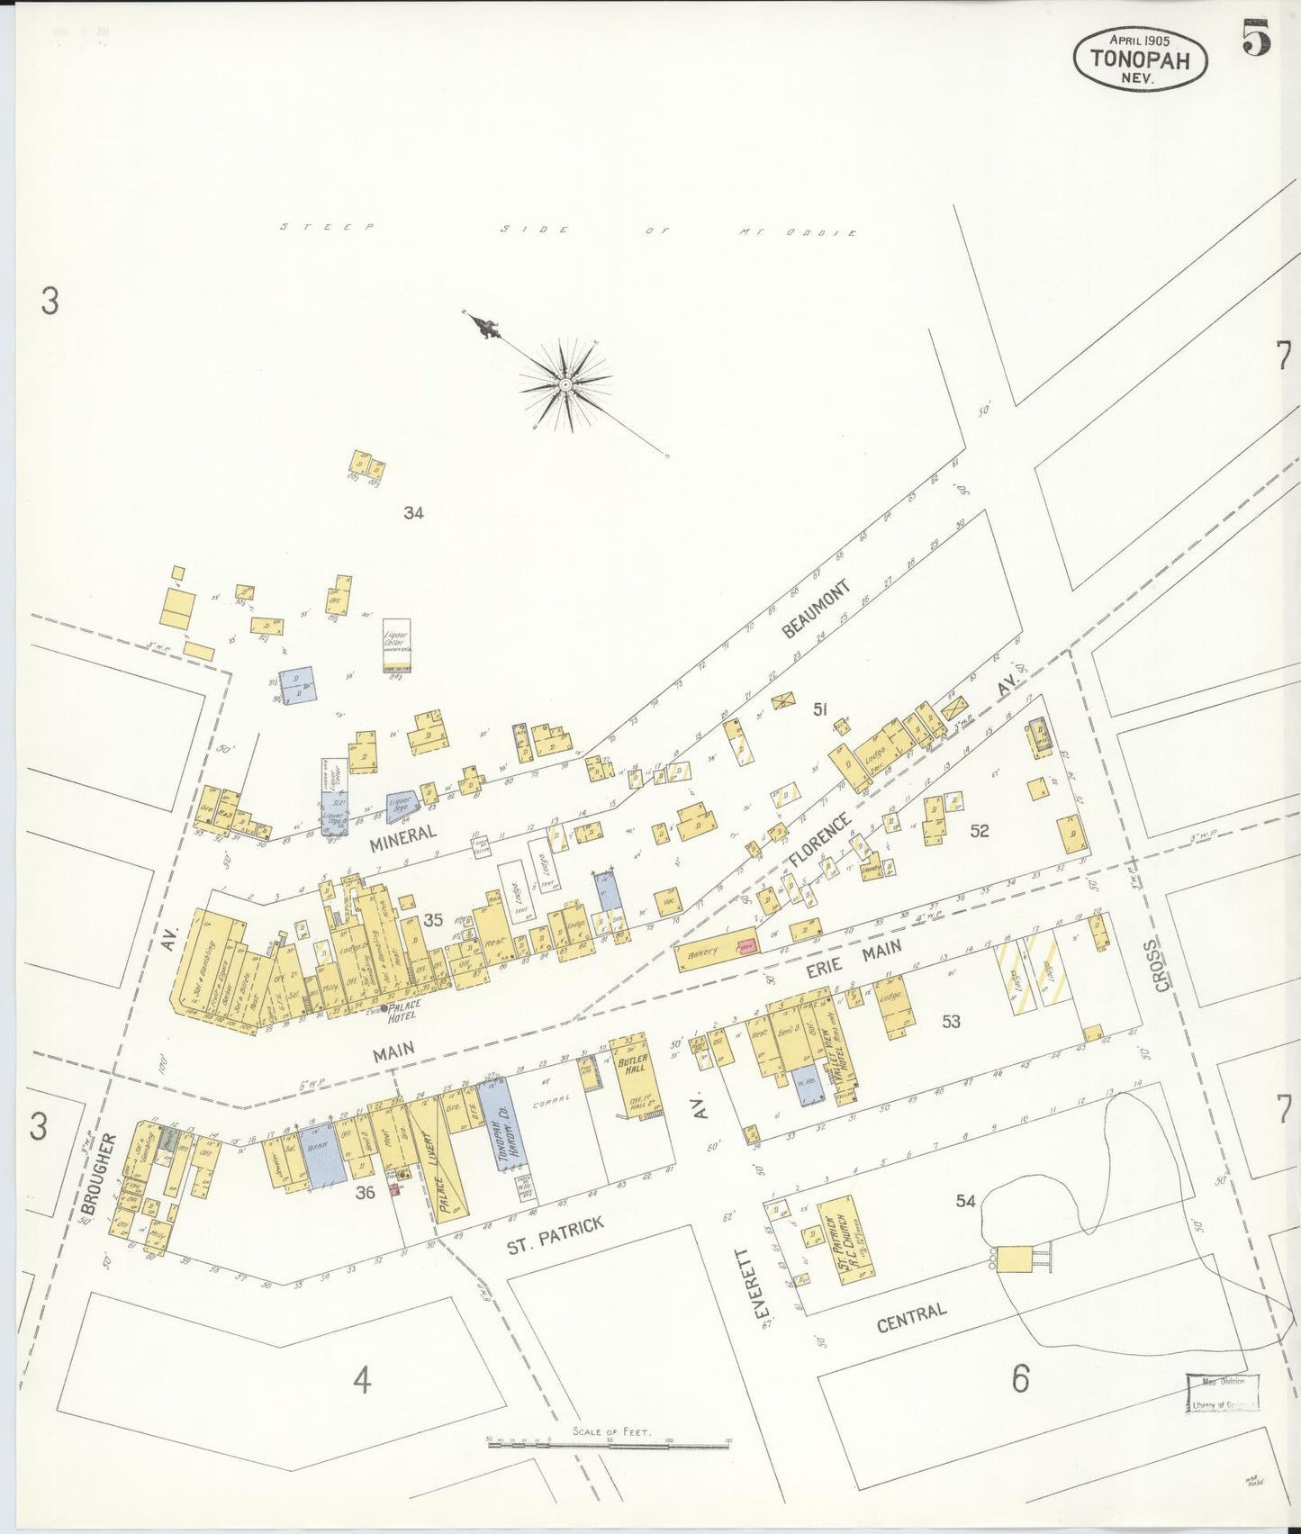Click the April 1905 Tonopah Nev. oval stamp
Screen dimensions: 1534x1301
coord(1140,57)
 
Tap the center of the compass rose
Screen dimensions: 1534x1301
coord(565,384)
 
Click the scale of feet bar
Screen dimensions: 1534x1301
coord(608,1443)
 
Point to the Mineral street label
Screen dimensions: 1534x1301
coord(403,835)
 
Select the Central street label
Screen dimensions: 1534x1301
coord(912,1316)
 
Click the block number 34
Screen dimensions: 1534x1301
coord(413,513)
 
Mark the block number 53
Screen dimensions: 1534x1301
coord(951,1020)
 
